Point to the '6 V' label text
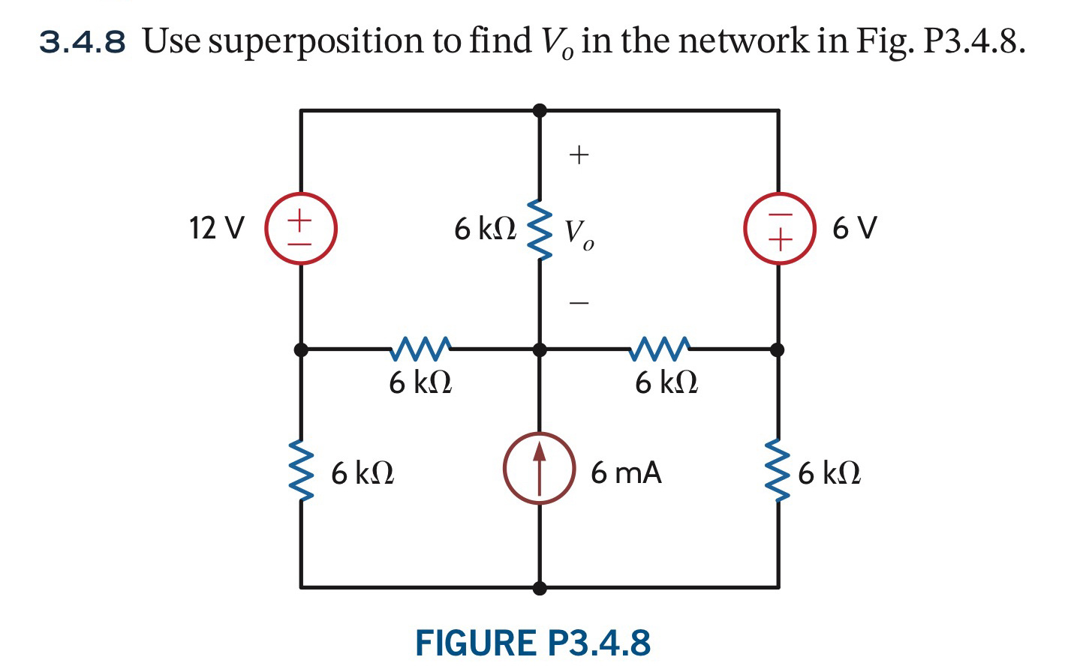854,228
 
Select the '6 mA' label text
626,473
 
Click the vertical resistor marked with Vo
538,229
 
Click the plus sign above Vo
579,155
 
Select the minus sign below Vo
579,303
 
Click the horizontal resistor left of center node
421,347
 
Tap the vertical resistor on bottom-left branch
301,471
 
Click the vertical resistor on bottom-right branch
778,471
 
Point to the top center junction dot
539,111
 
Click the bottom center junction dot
539,587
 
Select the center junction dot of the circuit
539,349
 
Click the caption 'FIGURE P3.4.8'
533,643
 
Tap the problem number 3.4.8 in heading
83,42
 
